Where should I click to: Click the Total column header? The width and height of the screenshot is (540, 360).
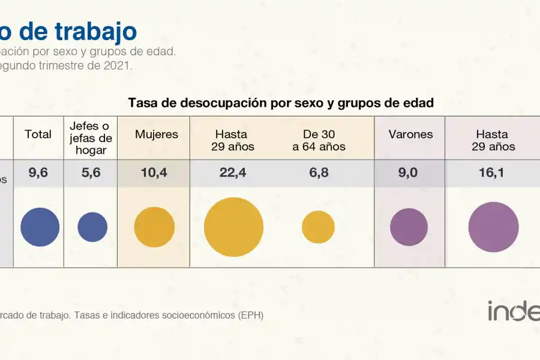pyautogui.click(x=38, y=134)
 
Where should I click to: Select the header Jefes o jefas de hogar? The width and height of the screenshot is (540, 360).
pyautogui.click(x=90, y=138)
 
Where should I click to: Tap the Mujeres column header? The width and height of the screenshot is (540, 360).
pyautogui.click(x=157, y=134)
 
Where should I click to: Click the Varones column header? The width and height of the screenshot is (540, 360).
pyautogui.click(x=410, y=134)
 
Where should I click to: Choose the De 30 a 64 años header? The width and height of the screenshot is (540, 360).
pyautogui.click(x=319, y=140)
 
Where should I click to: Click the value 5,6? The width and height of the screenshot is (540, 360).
pyautogui.click(x=92, y=173)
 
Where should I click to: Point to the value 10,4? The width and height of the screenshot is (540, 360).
pyautogui.click(x=155, y=173)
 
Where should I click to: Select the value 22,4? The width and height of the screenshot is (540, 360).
pyautogui.click(x=233, y=173)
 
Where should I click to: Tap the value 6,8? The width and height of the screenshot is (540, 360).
pyautogui.click(x=319, y=173)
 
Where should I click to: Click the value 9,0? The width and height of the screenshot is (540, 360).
pyautogui.click(x=409, y=173)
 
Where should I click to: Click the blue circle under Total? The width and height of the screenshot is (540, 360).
pyautogui.click(x=40, y=227)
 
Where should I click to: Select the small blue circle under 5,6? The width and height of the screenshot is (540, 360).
pyautogui.click(x=92, y=227)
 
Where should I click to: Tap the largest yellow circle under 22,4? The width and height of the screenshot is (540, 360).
pyautogui.click(x=233, y=227)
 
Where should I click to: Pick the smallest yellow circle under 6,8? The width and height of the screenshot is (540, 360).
pyautogui.click(x=318, y=227)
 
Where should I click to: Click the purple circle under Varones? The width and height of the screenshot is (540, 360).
pyautogui.click(x=409, y=227)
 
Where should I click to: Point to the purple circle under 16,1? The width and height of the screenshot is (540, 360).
pyautogui.click(x=493, y=227)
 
